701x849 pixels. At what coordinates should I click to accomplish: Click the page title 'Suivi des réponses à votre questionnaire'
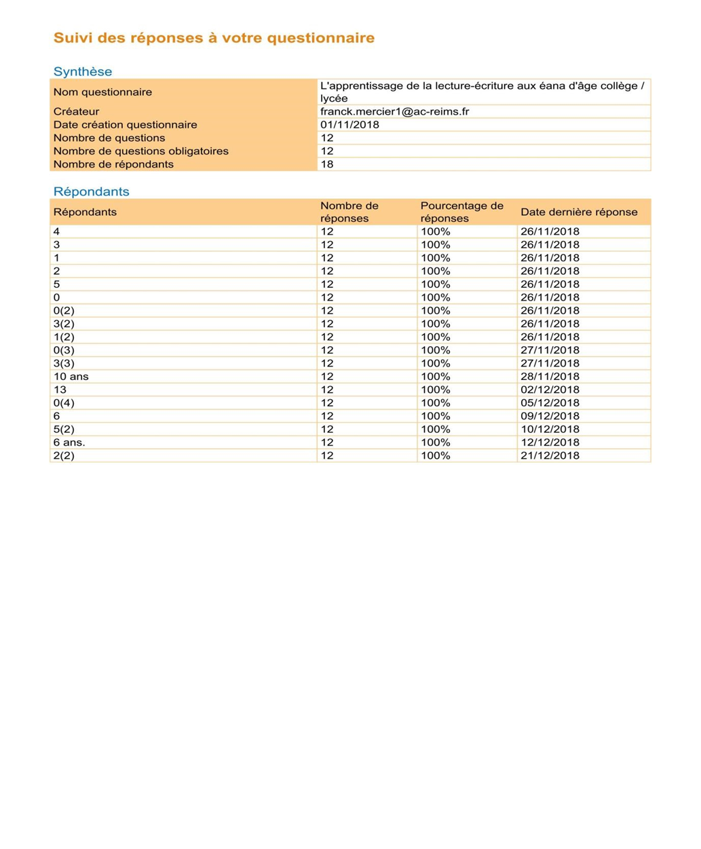214,38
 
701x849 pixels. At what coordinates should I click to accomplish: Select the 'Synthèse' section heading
83,71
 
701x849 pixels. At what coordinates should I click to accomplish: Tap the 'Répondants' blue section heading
91,191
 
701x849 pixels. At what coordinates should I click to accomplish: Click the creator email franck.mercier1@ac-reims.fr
394,111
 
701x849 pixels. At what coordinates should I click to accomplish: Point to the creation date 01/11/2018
349,125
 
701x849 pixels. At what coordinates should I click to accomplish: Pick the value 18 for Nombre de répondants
327,164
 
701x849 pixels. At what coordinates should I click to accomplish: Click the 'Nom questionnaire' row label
102,92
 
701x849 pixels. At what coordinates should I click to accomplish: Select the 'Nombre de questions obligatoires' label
141,151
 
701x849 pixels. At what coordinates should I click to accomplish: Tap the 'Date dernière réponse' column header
579,212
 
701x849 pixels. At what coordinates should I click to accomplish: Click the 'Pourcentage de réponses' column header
461,212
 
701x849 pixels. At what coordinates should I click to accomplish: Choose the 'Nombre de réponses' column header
349,212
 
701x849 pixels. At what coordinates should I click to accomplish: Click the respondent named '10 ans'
71,377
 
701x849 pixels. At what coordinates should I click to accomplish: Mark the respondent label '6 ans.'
69,442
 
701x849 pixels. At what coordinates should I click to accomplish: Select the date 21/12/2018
550,455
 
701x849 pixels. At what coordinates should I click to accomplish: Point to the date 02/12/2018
550,390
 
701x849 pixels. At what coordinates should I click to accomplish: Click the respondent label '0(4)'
64,403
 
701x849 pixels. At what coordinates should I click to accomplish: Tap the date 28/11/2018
550,377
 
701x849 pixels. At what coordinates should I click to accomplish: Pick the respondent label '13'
60,390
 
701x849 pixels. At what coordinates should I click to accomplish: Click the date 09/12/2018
550,416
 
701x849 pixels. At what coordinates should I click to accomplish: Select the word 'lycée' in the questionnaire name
334,99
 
